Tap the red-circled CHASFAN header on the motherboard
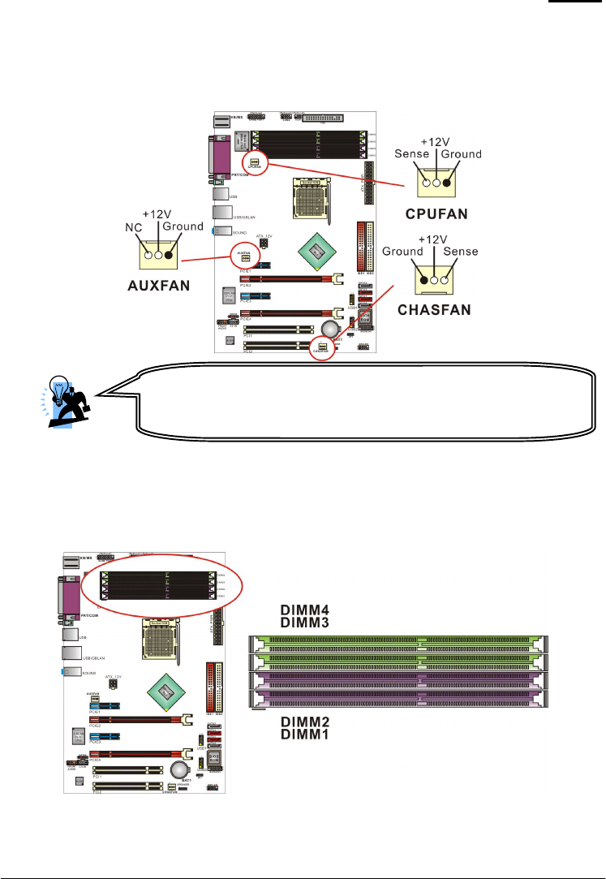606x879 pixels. [323, 350]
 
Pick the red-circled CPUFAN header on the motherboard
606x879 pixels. [255, 162]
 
